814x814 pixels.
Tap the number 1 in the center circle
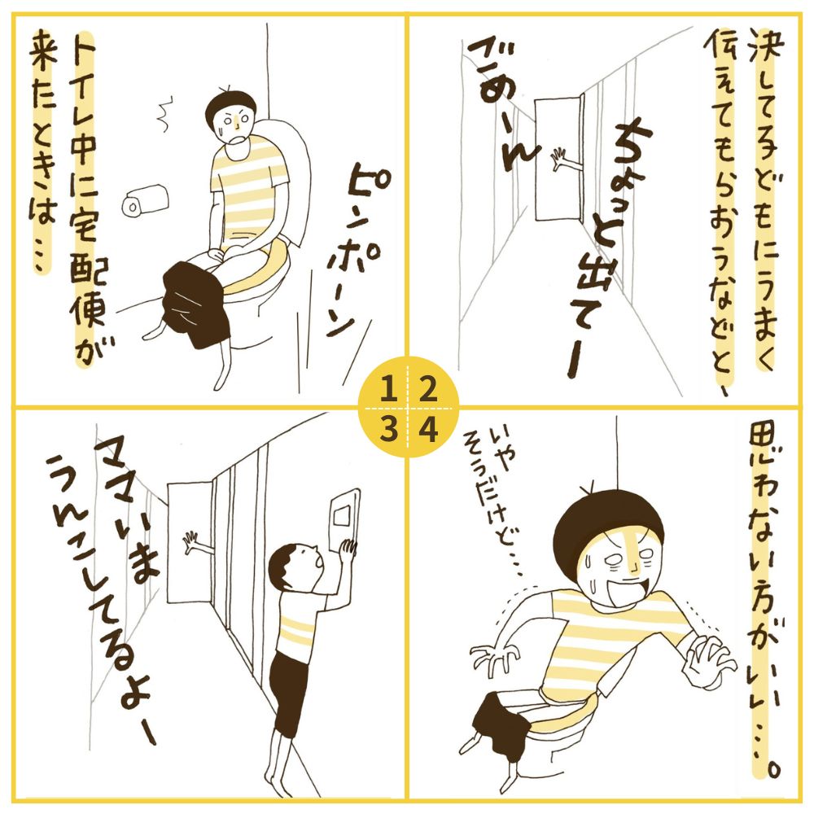tap(387, 390)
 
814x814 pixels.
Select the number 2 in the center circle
tap(427, 390)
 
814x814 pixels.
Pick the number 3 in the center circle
tap(387, 429)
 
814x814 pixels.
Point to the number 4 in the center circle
tap(428, 429)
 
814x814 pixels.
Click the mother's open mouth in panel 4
tap(631, 589)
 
